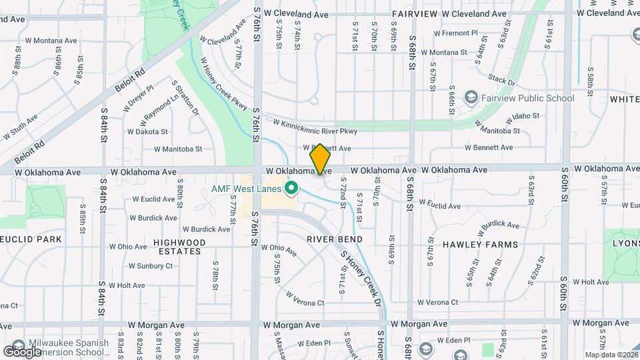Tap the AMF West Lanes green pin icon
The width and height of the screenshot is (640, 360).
(291, 189)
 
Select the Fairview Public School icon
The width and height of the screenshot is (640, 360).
(471, 98)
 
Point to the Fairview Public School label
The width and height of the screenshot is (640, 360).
(529, 99)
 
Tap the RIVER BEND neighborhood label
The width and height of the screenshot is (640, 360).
(335, 239)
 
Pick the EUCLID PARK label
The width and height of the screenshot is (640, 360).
(31, 239)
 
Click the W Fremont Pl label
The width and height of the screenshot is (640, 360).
(455, 33)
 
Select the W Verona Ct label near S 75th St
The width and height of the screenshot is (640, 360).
(305, 298)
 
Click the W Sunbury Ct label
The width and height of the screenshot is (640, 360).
(150, 266)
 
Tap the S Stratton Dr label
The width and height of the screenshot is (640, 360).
(186, 98)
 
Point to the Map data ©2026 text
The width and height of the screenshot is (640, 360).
(610, 355)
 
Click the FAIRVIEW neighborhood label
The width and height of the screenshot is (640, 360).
(415, 14)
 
